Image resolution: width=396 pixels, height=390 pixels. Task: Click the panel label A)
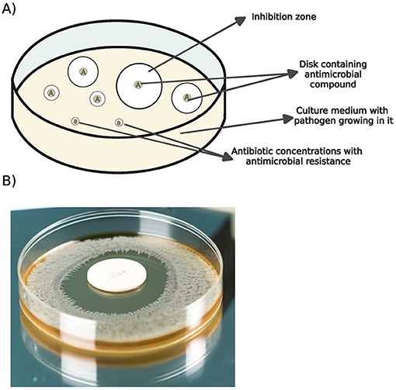10,10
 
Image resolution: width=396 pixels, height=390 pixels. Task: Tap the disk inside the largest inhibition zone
138,83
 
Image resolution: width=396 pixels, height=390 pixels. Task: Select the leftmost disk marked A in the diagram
51,92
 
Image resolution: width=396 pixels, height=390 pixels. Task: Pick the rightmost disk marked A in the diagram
187,97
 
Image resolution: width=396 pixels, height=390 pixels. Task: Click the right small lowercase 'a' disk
119,121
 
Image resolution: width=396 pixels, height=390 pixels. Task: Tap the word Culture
300,111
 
